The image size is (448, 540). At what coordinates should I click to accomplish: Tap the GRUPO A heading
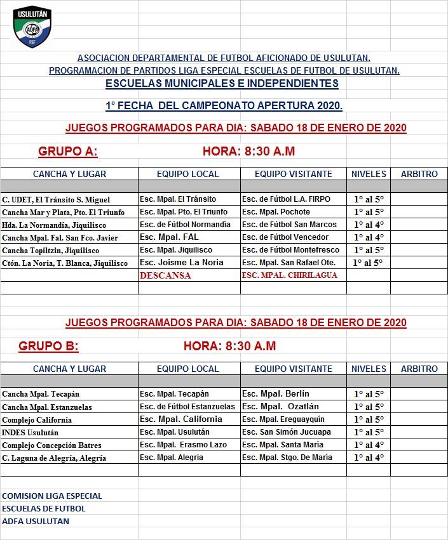[67, 152]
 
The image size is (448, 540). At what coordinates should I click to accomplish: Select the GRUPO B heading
[48, 346]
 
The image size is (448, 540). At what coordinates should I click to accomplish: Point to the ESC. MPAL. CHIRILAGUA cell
[289, 275]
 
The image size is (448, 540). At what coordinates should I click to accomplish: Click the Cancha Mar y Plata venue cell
[64, 212]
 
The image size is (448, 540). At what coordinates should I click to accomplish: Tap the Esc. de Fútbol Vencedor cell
[285, 237]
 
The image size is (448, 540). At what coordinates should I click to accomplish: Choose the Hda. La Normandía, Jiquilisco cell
[54, 225]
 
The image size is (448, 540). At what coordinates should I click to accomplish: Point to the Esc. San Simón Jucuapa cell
[287, 432]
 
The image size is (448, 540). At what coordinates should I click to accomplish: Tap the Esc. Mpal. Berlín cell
[275, 394]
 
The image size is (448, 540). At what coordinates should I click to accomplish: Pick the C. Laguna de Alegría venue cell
[54, 458]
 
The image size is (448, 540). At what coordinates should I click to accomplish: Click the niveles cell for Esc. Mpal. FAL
[369, 237]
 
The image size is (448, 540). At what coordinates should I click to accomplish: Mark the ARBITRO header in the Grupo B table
[419, 369]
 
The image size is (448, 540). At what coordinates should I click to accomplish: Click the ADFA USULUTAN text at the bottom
[36, 521]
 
